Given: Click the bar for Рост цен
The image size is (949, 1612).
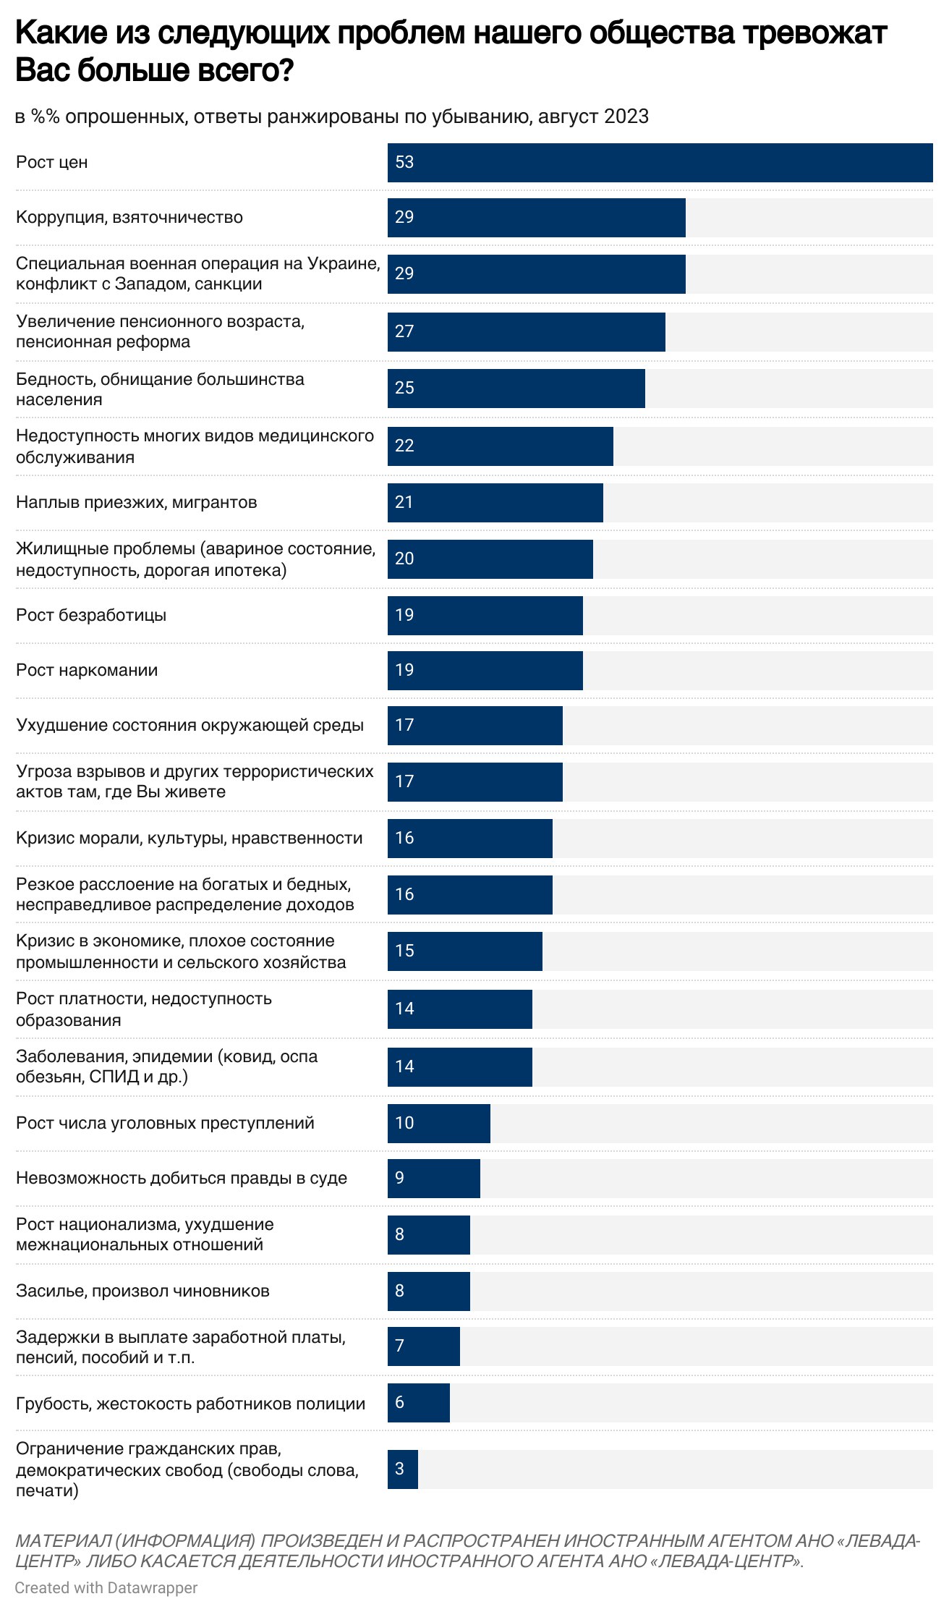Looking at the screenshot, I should pyautogui.click(x=660, y=163).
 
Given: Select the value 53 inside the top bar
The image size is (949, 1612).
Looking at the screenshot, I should pyautogui.click(x=404, y=162).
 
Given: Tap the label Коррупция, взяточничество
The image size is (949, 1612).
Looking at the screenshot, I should pyautogui.click(x=129, y=218).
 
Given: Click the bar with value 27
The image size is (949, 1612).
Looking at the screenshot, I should pyautogui.click(x=526, y=332).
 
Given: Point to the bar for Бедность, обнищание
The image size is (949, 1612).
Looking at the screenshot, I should pyautogui.click(x=516, y=389).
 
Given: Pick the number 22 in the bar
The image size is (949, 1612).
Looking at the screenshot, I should pyautogui.click(x=404, y=446).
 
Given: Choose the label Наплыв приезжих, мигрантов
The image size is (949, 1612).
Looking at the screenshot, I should pyautogui.click(x=137, y=503).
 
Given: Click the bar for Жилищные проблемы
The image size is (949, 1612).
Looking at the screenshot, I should pyautogui.click(x=490, y=559).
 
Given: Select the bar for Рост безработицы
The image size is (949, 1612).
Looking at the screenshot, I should pyautogui.click(x=485, y=616).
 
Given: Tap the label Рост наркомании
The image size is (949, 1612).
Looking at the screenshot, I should pyautogui.click(x=87, y=671).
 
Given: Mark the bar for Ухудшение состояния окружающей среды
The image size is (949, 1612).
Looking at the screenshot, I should pyautogui.click(x=474, y=726).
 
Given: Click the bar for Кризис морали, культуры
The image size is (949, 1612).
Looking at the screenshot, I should pyautogui.click(x=469, y=839).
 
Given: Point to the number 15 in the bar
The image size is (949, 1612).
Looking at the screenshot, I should pyautogui.click(x=404, y=951).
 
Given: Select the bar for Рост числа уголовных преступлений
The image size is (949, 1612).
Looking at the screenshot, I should pyautogui.click(x=438, y=1124).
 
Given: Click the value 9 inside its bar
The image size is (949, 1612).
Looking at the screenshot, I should pyautogui.click(x=400, y=1178).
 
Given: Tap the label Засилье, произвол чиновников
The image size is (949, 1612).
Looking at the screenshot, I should pyautogui.click(x=142, y=1291).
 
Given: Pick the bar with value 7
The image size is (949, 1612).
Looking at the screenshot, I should pyautogui.click(x=423, y=1346).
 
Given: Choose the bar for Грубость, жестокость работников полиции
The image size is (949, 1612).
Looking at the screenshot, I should pyautogui.click(x=418, y=1403).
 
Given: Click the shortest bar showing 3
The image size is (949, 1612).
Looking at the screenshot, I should pyautogui.click(x=402, y=1469).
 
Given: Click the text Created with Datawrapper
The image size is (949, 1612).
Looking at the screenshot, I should pyautogui.click(x=106, y=1587).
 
